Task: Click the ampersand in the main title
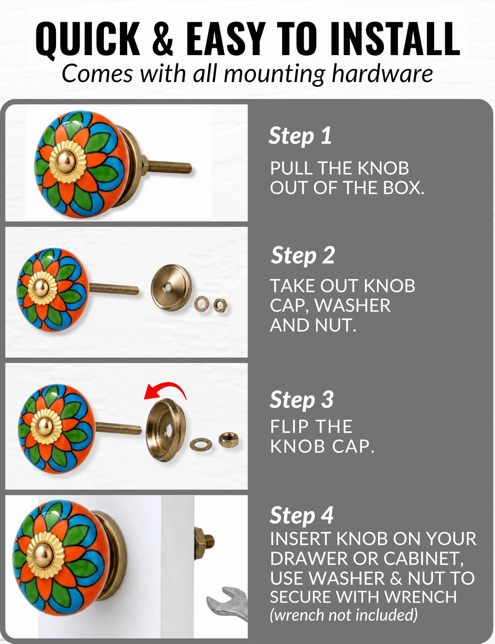pyautogui.click(x=163, y=39)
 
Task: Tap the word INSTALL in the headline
pyautogui.click(x=395, y=39)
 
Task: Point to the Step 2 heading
pyautogui.click(x=303, y=255)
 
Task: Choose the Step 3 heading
pyautogui.click(x=302, y=400)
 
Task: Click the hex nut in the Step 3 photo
pyautogui.click(x=228, y=440)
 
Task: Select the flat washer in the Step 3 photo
pyautogui.click(x=201, y=444)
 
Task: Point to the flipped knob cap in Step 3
pyautogui.click(x=166, y=430)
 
